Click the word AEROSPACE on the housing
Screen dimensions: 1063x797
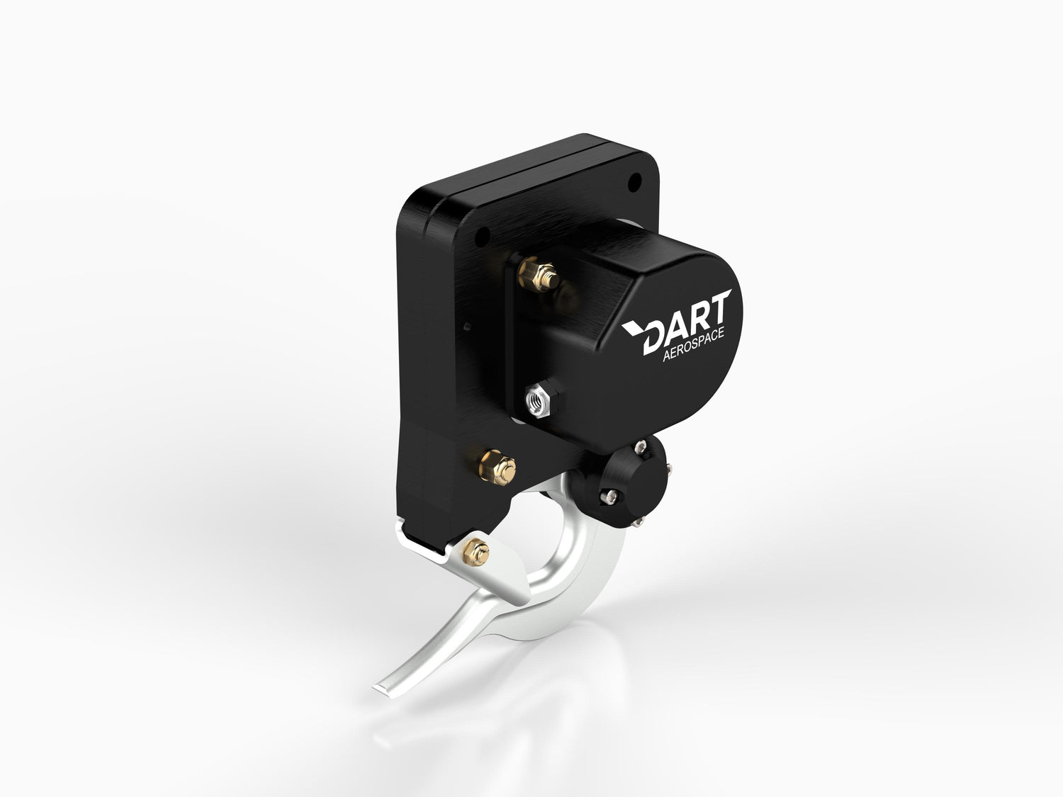[693, 344]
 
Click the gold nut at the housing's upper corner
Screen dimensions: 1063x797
[539, 274]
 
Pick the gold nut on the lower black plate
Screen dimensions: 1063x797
[498, 466]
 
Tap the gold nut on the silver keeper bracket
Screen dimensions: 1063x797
[476, 552]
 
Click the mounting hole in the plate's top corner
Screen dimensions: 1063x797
[634, 182]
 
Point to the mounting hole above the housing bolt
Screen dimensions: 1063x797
[482, 237]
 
